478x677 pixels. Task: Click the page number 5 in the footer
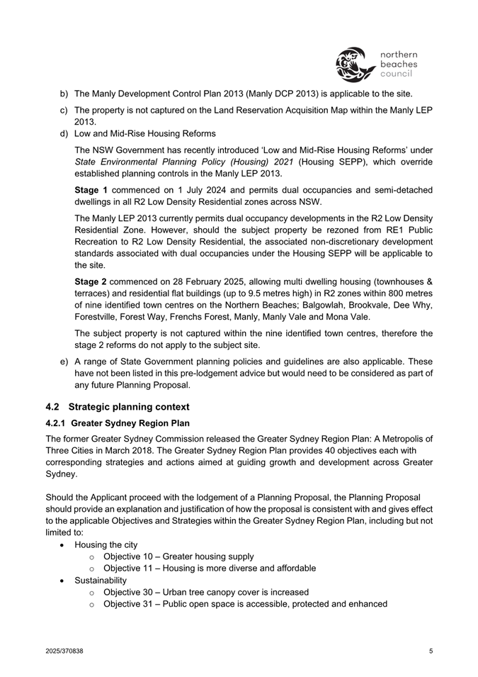(x=431, y=651)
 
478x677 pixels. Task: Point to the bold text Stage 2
(x=91, y=281)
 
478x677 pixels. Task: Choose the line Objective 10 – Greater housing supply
(x=178, y=556)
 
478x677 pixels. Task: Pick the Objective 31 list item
(x=245, y=604)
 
